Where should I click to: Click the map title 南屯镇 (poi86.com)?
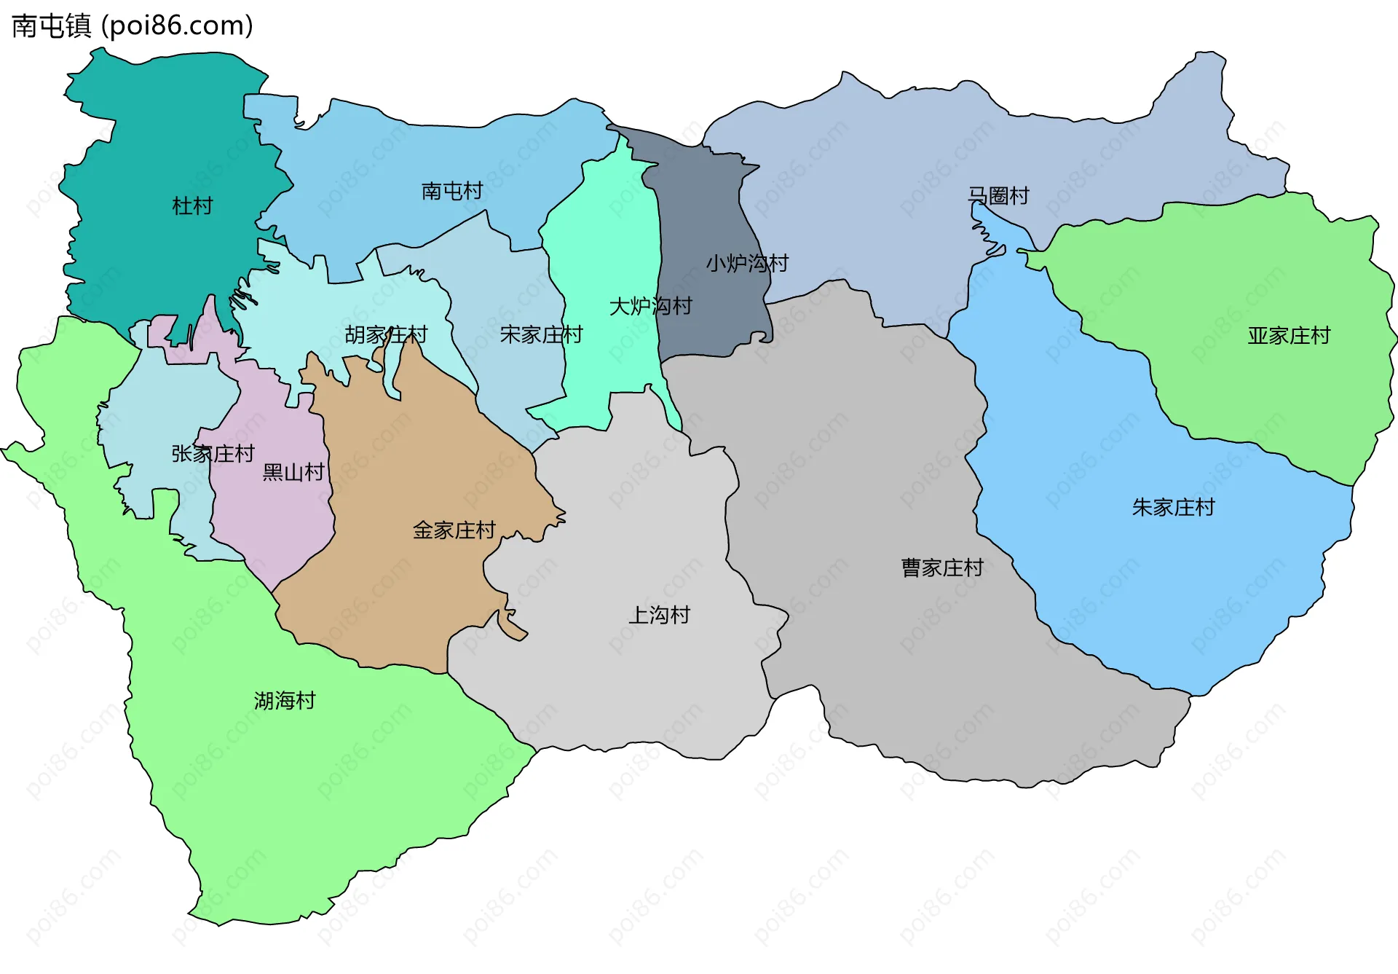tap(133, 26)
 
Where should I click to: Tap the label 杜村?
tap(192, 206)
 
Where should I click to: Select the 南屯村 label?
tap(452, 191)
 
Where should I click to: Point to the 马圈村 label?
tap(998, 196)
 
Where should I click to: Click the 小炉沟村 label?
tap(747, 263)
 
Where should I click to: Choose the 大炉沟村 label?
tap(650, 306)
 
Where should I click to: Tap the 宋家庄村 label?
tap(541, 334)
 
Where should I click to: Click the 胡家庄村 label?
tap(386, 335)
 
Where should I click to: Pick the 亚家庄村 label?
tap(1289, 336)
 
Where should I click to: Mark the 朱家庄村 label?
tap(1173, 507)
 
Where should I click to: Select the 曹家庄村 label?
tap(942, 567)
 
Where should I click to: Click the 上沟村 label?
tap(659, 615)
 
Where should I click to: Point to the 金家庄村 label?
tap(454, 530)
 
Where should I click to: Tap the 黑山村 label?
tap(293, 472)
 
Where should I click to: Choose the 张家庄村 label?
tap(213, 454)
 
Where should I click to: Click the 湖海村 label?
tap(285, 701)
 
